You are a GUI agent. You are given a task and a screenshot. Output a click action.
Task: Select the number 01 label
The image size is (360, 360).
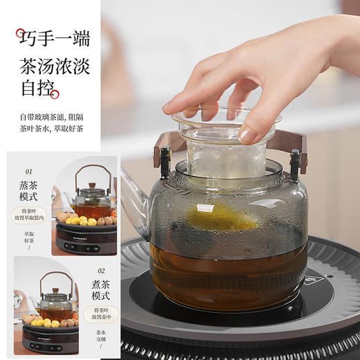pyautogui.click(x=28, y=170)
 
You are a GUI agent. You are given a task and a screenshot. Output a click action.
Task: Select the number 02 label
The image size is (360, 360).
pyautogui.click(x=101, y=271)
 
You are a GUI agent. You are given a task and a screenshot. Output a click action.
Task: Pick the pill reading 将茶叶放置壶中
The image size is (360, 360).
pyautogui.click(x=101, y=315)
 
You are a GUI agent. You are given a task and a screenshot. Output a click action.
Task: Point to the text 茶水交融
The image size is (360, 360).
pyautogui.click(x=101, y=339)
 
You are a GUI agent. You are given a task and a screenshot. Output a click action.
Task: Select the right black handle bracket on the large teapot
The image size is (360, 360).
pyautogui.click(x=295, y=164)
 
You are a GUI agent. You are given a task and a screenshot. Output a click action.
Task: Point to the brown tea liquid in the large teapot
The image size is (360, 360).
pyautogui.click(x=228, y=273)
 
